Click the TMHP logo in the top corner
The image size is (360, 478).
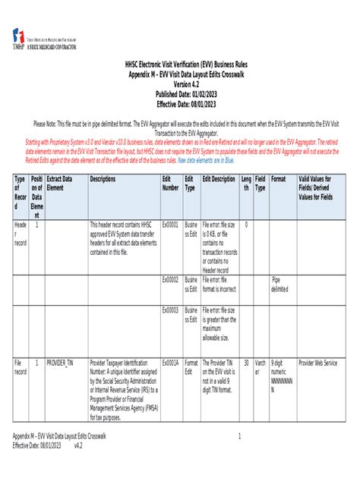tap(18, 37)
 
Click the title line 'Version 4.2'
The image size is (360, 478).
tap(180, 84)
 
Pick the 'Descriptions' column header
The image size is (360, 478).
tap(103, 179)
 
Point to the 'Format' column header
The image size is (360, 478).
tap(279, 179)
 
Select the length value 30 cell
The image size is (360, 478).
tap(246, 363)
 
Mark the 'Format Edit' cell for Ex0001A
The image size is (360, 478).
tap(191, 367)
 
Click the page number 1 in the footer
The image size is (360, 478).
tap(239, 436)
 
